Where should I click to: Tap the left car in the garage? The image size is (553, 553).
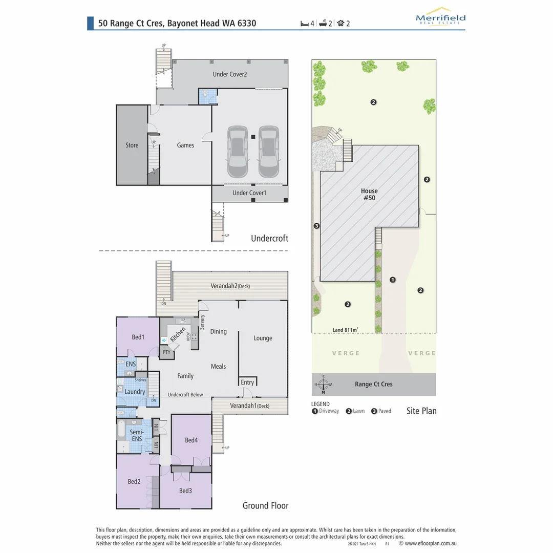(238, 152)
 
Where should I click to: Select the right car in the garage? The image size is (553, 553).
(268, 152)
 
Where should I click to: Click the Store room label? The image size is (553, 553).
(132, 145)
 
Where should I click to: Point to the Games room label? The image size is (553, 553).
(185, 145)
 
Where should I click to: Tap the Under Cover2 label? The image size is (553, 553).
(230, 74)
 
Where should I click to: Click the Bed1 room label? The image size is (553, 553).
(138, 337)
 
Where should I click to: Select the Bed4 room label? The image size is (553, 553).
(191, 440)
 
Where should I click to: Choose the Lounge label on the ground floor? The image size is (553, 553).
(263, 338)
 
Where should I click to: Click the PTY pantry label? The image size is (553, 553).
(166, 352)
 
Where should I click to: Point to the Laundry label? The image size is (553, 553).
(135, 392)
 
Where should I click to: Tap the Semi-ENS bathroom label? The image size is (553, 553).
(137, 435)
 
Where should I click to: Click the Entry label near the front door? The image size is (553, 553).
(247, 382)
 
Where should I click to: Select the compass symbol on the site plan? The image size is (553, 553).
(323, 385)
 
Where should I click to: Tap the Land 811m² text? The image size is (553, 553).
(345, 330)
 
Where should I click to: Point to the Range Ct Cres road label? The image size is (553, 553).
(373, 385)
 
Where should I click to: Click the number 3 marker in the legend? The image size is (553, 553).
(374, 411)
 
